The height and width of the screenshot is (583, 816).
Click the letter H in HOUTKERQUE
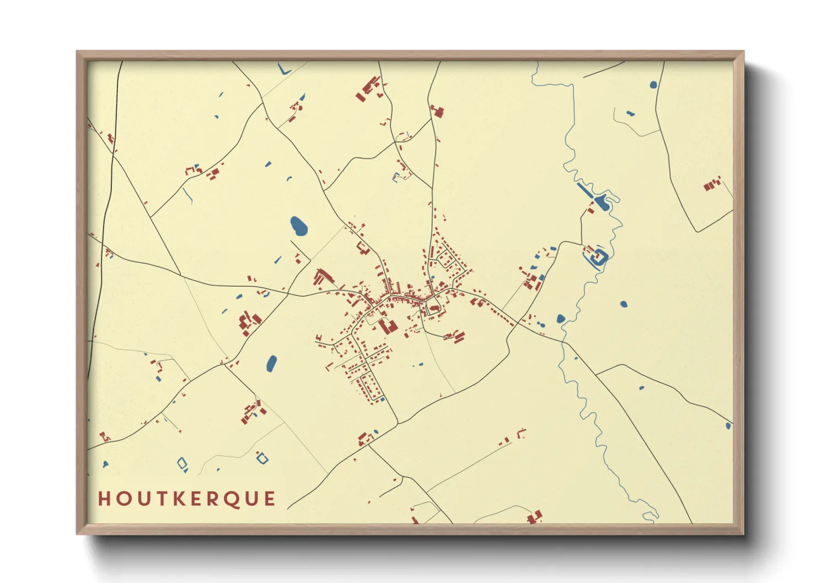104,499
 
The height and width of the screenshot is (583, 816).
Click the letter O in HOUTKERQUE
122,499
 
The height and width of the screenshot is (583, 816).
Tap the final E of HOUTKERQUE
270,499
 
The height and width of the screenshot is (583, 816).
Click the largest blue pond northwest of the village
298,225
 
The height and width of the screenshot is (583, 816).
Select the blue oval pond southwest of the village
271,363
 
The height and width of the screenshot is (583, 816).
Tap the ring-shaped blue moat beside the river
598,256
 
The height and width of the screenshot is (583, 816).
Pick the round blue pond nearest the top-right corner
653,85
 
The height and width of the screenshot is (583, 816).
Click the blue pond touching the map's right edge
728,426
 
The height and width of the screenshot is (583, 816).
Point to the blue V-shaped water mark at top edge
284,70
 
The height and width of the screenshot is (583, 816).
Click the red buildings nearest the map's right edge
712,184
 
